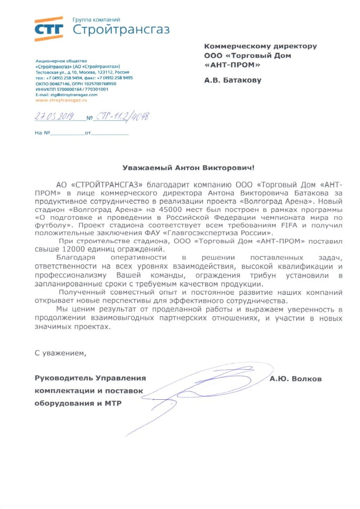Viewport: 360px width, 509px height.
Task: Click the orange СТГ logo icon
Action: pos(49,28)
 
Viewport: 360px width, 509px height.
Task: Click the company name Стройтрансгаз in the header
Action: pos(121,29)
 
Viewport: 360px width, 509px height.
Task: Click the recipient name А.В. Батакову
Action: pos(233,80)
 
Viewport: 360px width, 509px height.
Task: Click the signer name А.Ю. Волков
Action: pos(295,379)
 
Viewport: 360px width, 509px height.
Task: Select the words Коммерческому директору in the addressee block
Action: pos(260,46)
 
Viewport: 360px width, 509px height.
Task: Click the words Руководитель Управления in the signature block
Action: pos(90,378)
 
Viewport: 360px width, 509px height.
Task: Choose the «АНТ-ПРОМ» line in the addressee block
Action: pos(232,65)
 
